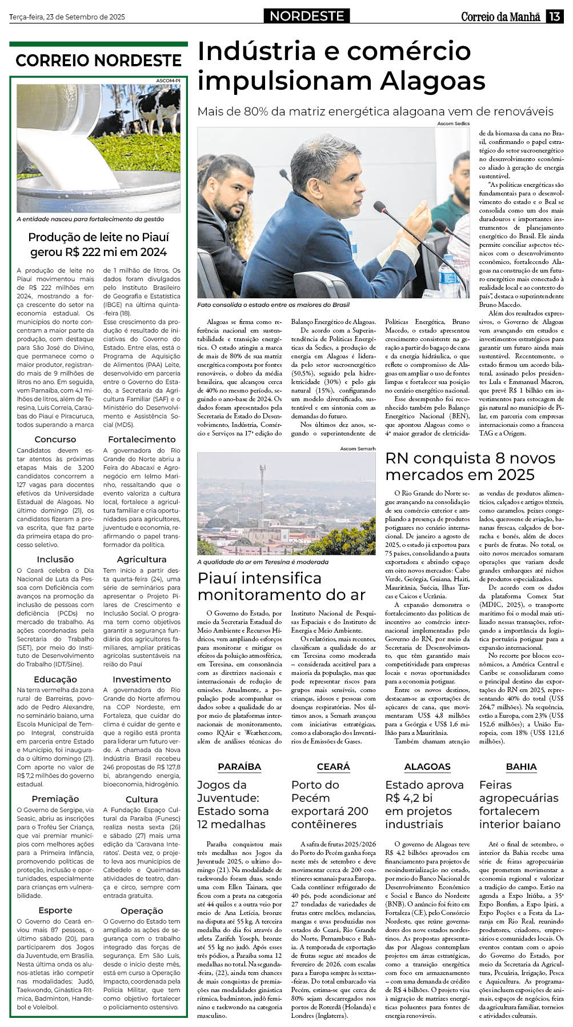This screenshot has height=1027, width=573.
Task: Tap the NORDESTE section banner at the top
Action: click(x=307, y=16)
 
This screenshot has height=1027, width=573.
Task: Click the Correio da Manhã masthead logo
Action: click(x=500, y=17)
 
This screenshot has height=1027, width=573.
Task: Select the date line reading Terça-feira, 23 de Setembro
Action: click(x=67, y=17)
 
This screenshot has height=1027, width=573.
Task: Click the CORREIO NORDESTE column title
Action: click(x=98, y=60)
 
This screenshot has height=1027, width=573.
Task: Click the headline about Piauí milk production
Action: click(x=98, y=245)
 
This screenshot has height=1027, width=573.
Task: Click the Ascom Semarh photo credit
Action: click(x=358, y=449)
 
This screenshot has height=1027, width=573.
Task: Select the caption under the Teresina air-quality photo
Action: click(x=263, y=562)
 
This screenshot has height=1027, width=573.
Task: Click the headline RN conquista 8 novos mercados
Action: click(x=470, y=466)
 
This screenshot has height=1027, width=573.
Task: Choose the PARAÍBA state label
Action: click(x=239, y=767)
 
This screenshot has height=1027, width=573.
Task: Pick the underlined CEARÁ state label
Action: click(x=334, y=767)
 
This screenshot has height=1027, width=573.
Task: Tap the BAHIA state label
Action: click(x=521, y=767)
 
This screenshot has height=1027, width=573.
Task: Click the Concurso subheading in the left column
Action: click(x=55, y=439)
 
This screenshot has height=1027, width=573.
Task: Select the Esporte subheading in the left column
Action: click(x=55, y=910)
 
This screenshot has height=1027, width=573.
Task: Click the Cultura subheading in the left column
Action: click(x=142, y=799)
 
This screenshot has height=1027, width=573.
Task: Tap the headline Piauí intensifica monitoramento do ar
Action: click(x=282, y=586)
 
